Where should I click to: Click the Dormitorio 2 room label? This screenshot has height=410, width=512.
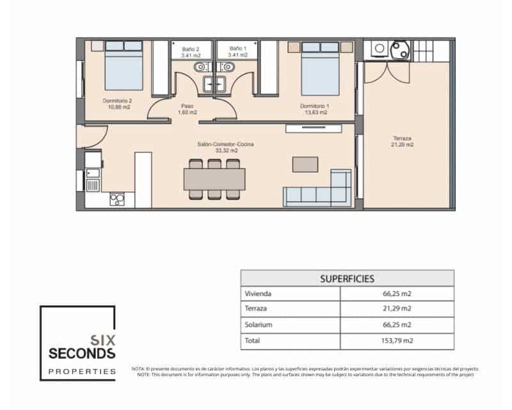point(117,104)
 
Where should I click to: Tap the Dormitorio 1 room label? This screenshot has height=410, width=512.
point(315,108)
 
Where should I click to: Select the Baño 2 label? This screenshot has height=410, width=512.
point(191,51)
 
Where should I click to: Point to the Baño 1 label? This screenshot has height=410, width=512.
point(237,51)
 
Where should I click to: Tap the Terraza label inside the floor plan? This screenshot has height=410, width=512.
point(403,141)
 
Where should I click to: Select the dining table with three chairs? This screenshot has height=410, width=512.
point(214,177)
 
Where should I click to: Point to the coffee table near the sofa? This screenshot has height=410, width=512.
point(305,164)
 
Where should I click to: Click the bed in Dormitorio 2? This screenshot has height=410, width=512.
point(124,66)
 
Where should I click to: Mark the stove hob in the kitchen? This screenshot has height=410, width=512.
point(117,199)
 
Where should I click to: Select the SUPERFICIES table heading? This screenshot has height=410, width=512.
point(347,279)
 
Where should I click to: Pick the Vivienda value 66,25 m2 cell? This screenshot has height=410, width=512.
point(397,294)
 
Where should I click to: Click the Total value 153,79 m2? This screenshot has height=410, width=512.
point(397,341)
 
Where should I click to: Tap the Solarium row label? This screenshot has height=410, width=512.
point(259,325)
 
